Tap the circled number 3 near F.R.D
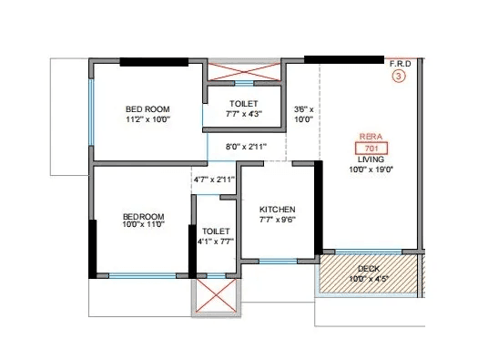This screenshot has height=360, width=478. click(398, 77)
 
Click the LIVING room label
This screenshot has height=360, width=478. click(370, 158)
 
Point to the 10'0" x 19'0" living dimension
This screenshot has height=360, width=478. click(370, 169)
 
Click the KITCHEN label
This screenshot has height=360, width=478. click(276, 208)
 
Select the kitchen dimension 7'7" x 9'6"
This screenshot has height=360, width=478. click(276, 219)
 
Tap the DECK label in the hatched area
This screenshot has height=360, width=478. click(368, 268)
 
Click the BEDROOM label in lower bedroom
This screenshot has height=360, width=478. click(144, 216)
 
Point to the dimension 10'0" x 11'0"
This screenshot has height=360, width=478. click(144, 227)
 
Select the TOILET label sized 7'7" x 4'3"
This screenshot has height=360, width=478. click(243, 104)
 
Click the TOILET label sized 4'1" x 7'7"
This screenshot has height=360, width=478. click(216, 231)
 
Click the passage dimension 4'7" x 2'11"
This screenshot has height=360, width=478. click(214, 180)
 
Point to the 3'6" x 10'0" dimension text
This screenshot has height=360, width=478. click(303, 114)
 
